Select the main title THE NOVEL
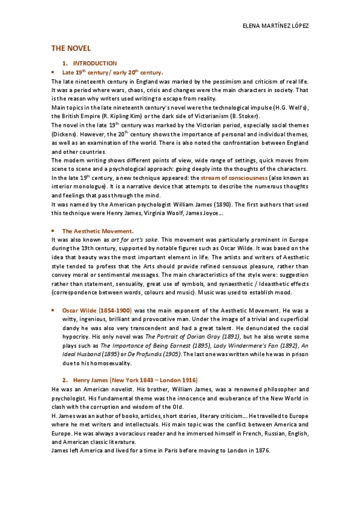70,48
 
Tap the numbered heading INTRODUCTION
95,63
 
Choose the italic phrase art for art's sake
136,239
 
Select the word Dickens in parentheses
64,135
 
